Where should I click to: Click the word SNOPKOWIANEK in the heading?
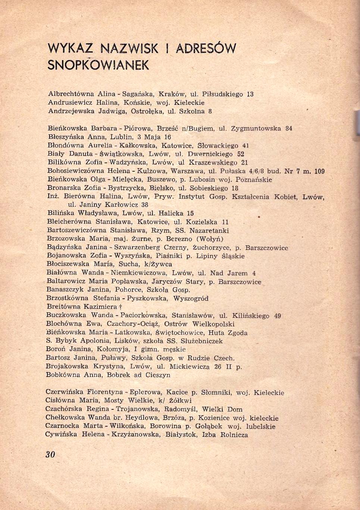(x=98, y=65)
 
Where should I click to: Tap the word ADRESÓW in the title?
(x=206, y=49)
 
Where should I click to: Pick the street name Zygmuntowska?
(x=256, y=128)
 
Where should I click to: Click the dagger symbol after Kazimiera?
(x=120, y=307)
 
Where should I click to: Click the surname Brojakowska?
(x=67, y=366)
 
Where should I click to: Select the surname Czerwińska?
(x=64, y=392)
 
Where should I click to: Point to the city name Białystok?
(x=181, y=435)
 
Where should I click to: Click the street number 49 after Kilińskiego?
(x=277, y=316)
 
